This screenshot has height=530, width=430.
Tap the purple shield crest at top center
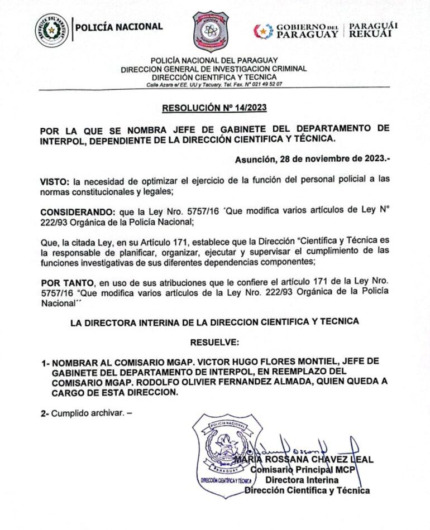211,31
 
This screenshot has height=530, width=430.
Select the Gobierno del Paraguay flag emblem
263,31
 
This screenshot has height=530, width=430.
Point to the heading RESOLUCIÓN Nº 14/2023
214,108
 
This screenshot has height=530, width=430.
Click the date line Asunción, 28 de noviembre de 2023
312,158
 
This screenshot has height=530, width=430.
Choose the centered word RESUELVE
214,341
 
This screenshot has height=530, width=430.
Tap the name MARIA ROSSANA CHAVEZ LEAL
304,460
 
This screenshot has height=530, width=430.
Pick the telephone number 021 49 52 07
266,84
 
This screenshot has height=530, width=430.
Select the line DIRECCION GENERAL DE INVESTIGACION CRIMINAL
214,69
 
